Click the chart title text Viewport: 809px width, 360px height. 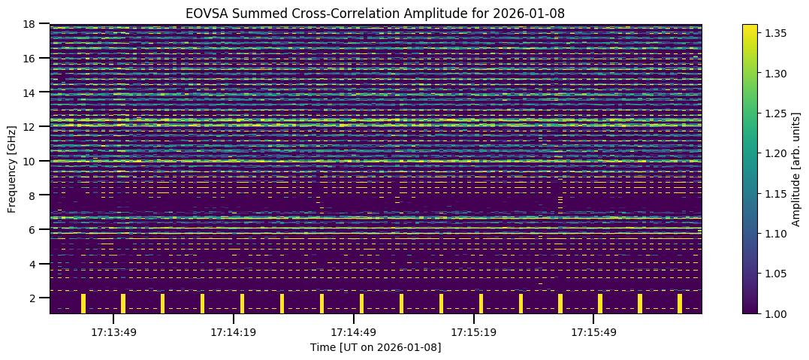coord(375,14)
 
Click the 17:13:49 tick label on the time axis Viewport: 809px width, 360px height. coord(113,331)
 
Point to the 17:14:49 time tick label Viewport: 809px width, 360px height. coord(353,331)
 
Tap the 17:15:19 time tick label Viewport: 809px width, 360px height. coord(473,331)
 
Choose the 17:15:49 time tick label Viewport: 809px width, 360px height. coord(593,331)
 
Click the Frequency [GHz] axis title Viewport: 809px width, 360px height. coord(13,169)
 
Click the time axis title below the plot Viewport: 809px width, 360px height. coord(375,347)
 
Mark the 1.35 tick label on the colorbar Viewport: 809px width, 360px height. coord(774,34)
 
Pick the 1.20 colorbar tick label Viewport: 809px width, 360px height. coord(774,153)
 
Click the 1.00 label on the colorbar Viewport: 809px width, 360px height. coord(774,313)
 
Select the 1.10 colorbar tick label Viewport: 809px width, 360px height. coord(774,233)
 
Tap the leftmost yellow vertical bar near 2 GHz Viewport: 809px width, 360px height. coord(83,303)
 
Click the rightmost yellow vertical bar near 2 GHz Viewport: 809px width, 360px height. coord(680,303)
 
